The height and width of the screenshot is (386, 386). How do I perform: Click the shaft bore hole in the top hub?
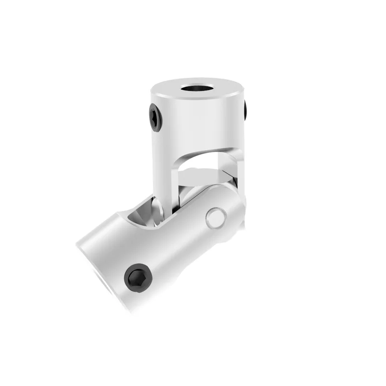pyautogui.click(x=197, y=90)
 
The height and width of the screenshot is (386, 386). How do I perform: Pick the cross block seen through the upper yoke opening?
pyautogui.click(x=203, y=175)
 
